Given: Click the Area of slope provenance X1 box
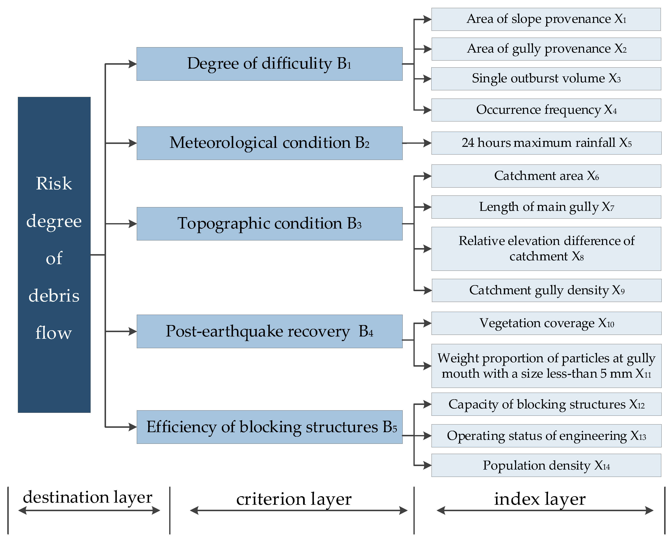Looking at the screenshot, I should point(546,19).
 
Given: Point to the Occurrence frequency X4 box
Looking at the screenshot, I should point(546,110).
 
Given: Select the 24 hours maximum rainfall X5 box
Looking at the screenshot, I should point(546,143).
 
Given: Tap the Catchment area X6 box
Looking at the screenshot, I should point(546,176).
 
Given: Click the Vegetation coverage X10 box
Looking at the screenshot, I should point(546,323).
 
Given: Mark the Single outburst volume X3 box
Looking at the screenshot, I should point(546,79).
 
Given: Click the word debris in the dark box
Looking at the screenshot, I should point(54,296).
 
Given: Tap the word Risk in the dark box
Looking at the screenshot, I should point(54,183).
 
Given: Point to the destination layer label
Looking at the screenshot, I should point(88,497).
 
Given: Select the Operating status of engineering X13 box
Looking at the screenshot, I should point(546,436).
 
